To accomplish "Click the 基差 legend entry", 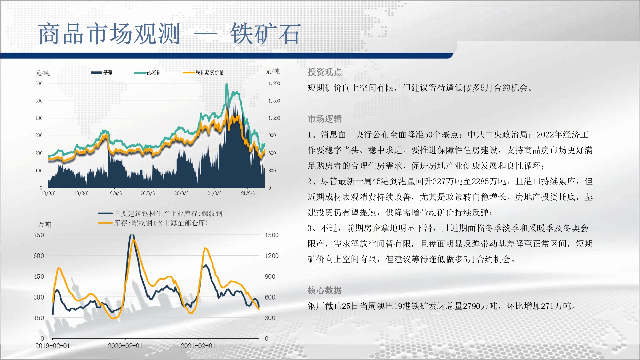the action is pos(101,73).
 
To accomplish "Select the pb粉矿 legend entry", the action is pos(148,73).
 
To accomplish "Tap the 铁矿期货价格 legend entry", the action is pos(203,73).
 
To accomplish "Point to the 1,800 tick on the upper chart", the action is pos(274,84).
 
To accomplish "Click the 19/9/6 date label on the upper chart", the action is pos(115,193).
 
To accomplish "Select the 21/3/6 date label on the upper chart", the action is pos(214,193).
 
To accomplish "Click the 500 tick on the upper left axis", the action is pos(39,101).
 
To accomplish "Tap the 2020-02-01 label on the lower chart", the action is pos(125,346).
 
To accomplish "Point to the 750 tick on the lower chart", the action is pos(39,235).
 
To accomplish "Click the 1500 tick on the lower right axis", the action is pos(272,235).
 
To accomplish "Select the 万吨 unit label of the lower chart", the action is pos(44,224).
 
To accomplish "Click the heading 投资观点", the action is pos(325,72).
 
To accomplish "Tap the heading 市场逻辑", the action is pos(325,119).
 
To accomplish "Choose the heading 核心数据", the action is pos(325,290).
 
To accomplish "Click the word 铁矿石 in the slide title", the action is pos(266,34).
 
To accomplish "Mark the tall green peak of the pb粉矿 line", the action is pos(227,84).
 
